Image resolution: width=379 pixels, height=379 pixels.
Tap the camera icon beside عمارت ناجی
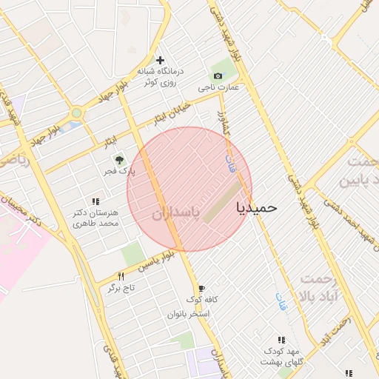pyautogui.click(x=218, y=76)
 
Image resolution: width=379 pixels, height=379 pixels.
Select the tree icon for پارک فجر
pyautogui.click(x=118, y=158)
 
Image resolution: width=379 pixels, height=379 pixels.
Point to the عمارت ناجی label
pyautogui.click(x=218, y=87)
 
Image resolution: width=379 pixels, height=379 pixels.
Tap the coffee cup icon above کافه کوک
pyautogui.click(x=201, y=289)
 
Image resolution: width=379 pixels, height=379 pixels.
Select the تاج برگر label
pyautogui.click(x=124, y=287)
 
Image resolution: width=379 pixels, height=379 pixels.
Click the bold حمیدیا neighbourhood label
pyautogui.click(x=255, y=207)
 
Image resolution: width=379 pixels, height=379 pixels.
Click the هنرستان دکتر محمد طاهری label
pyautogui.click(x=95, y=218)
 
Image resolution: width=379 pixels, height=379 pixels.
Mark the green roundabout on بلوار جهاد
pyautogui.click(x=76, y=113)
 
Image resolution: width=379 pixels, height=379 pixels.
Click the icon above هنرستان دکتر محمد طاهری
pyautogui.click(x=95, y=201)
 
